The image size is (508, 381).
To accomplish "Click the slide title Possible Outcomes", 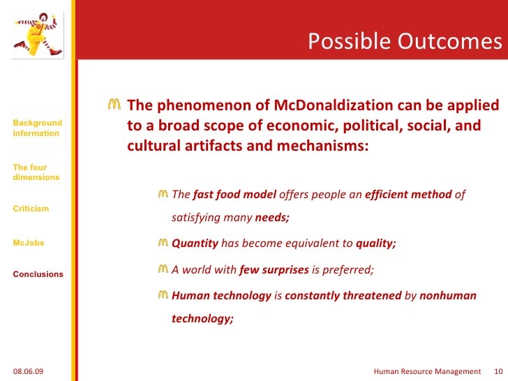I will pos(405,42).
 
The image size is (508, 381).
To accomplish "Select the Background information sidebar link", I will pos(37,128).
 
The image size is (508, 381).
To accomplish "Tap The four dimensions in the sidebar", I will pos(36,172).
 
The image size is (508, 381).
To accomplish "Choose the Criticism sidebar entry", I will pos(31,209).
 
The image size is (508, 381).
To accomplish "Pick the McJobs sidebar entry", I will pos(28,243).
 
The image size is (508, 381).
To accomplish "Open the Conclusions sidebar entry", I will pos(38,274).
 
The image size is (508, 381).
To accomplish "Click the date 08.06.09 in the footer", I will pos(28,371).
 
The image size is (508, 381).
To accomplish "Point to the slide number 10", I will pos(498,371).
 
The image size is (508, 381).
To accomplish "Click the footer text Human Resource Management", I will pos(427,371).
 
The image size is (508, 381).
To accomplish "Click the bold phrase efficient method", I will pos(408,195).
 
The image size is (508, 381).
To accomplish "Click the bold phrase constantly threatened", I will pos(343,296).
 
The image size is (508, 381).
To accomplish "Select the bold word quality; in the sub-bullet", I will pos(375,244).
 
